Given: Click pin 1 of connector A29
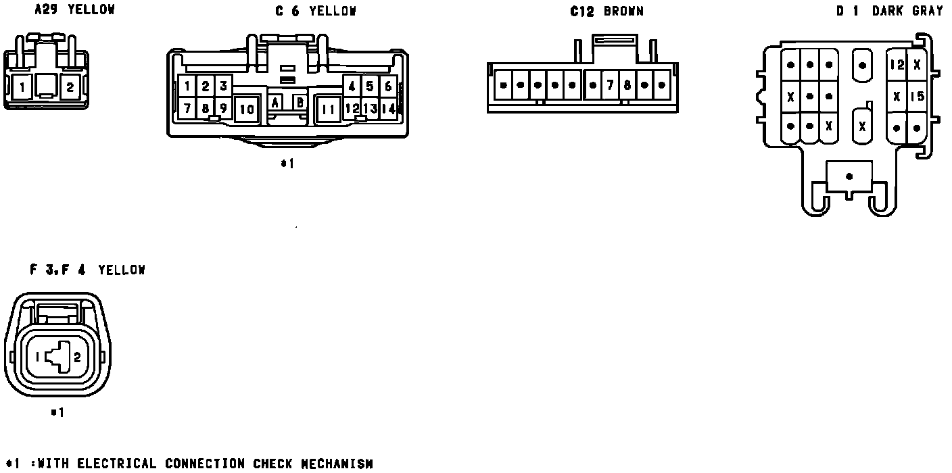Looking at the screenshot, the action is click(x=23, y=86).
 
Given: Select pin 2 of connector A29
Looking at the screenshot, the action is click(x=70, y=86).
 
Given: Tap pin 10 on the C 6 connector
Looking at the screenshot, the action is click(x=247, y=109).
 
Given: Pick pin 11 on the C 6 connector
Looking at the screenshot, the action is click(x=329, y=109).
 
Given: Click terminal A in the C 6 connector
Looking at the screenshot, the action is click(x=276, y=102).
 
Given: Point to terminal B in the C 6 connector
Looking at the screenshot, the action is click(x=299, y=102).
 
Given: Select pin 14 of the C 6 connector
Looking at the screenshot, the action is click(x=388, y=108).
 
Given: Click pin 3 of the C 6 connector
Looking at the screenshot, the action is click(x=223, y=86).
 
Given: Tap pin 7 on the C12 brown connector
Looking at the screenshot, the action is click(x=610, y=86).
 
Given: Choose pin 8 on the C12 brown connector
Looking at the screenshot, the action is click(x=627, y=86).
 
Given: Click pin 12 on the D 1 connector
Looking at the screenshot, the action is click(x=897, y=65).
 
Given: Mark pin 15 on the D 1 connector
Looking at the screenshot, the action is click(x=917, y=96).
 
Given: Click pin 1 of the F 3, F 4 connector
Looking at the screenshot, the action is click(x=38, y=358).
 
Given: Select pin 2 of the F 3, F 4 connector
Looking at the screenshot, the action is click(x=77, y=358).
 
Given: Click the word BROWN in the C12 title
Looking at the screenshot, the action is click(x=623, y=11).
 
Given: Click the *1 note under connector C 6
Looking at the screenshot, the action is click(x=287, y=164).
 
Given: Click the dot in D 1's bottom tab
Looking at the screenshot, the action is click(x=849, y=176).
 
